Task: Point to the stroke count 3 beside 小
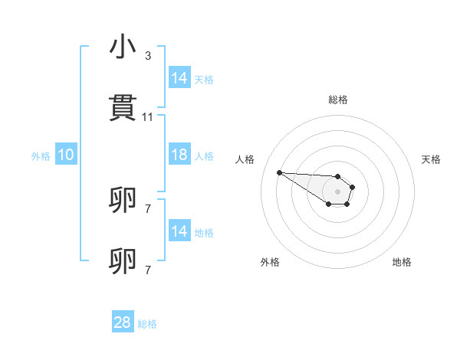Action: click(x=148, y=56)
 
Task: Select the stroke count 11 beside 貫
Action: click(x=148, y=117)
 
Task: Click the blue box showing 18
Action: click(x=179, y=155)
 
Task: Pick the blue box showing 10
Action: click(x=66, y=155)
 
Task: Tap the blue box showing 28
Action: click(x=123, y=322)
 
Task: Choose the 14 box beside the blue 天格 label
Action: click(x=179, y=78)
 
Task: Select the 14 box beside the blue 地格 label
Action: click(x=179, y=231)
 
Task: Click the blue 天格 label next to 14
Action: click(x=203, y=80)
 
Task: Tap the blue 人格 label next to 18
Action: click(x=203, y=156)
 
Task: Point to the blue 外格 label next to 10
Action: click(x=41, y=156)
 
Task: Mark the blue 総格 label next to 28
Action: click(x=147, y=324)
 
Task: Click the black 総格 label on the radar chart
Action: click(x=337, y=100)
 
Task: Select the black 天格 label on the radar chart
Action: click(x=431, y=159)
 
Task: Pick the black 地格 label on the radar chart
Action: click(x=402, y=262)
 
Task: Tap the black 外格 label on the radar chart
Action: click(x=270, y=262)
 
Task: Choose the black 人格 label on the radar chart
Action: click(x=245, y=159)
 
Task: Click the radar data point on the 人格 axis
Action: click(x=279, y=172)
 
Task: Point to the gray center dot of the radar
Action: click(x=337, y=191)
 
